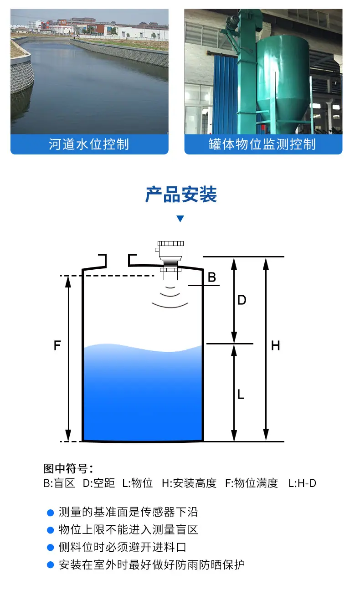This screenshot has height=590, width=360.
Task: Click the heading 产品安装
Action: click(x=181, y=195)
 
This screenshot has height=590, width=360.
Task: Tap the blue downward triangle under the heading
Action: click(x=180, y=219)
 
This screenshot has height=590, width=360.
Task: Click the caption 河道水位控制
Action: click(x=89, y=144)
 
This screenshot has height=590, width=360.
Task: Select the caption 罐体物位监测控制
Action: click(x=262, y=144)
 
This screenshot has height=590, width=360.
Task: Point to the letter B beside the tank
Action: click(x=212, y=277)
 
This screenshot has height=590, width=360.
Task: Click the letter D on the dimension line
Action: click(x=242, y=300)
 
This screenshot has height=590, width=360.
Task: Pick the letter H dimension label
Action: click(x=275, y=345)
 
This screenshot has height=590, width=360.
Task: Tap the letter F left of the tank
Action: click(x=57, y=345)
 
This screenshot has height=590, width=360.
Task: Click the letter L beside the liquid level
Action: click(x=241, y=395)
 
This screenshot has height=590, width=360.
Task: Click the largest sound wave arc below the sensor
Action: click(x=170, y=306)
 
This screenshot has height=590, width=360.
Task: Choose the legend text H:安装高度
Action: click(x=189, y=483)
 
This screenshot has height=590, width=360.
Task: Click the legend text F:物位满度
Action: click(x=252, y=483)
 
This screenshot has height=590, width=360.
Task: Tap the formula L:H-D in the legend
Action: click(x=302, y=483)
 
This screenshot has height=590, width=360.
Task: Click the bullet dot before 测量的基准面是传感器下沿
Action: click(x=50, y=512)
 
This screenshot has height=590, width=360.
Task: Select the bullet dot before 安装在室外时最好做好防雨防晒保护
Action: click(x=50, y=565)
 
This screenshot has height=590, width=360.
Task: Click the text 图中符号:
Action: click(x=68, y=468)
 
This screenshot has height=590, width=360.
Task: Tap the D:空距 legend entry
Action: click(x=99, y=483)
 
